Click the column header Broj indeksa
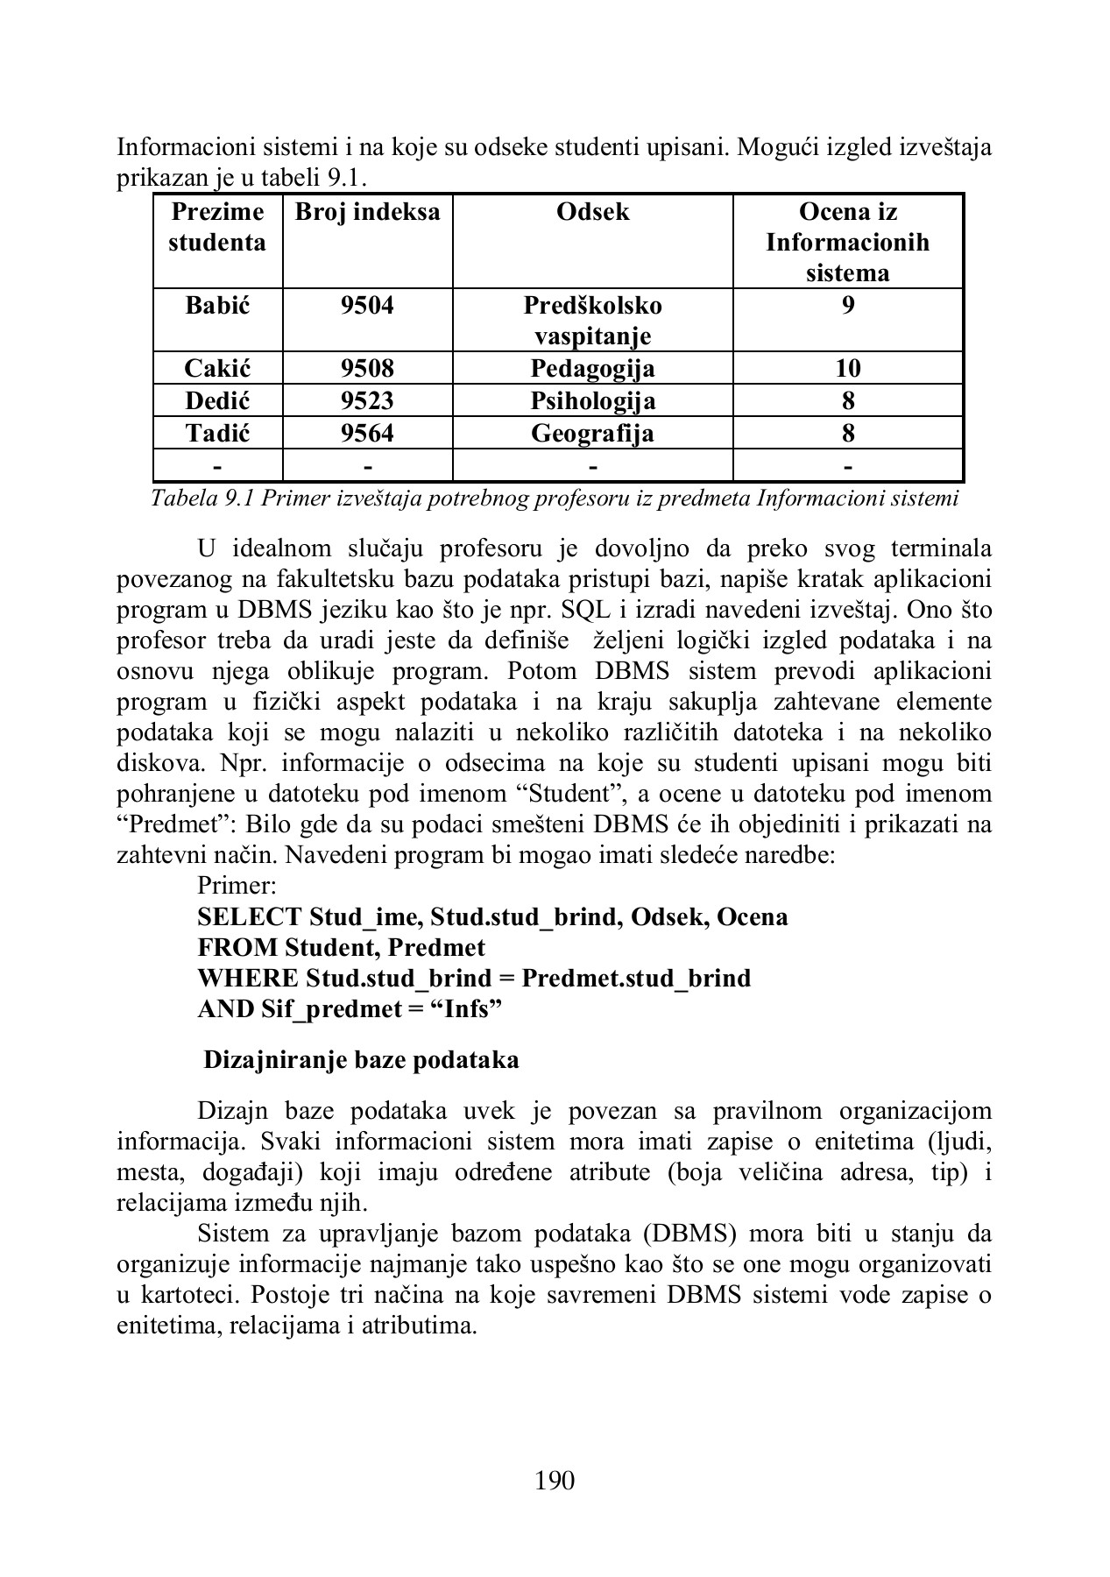pyautogui.click(x=367, y=212)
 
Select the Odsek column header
pyautogui.click(x=592, y=212)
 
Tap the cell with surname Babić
pyautogui.click(x=217, y=306)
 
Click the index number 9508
pyautogui.click(x=367, y=368)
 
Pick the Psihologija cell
pyautogui.click(x=592, y=401)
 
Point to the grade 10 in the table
pyautogui.click(x=847, y=368)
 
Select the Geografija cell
pyautogui.click(x=592, y=434)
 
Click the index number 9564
pyautogui.click(x=367, y=434)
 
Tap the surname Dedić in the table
pyautogui.click(x=217, y=401)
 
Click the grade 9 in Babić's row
pyautogui.click(x=847, y=306)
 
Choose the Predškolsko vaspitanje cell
pyautogui.click(x=592, y=321)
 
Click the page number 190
pyautogui.click(x=554, y=1481)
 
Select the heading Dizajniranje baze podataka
pyautogui.click(x=361, y=1060)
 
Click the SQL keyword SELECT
pyautogui.click(x=250, y=917)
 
